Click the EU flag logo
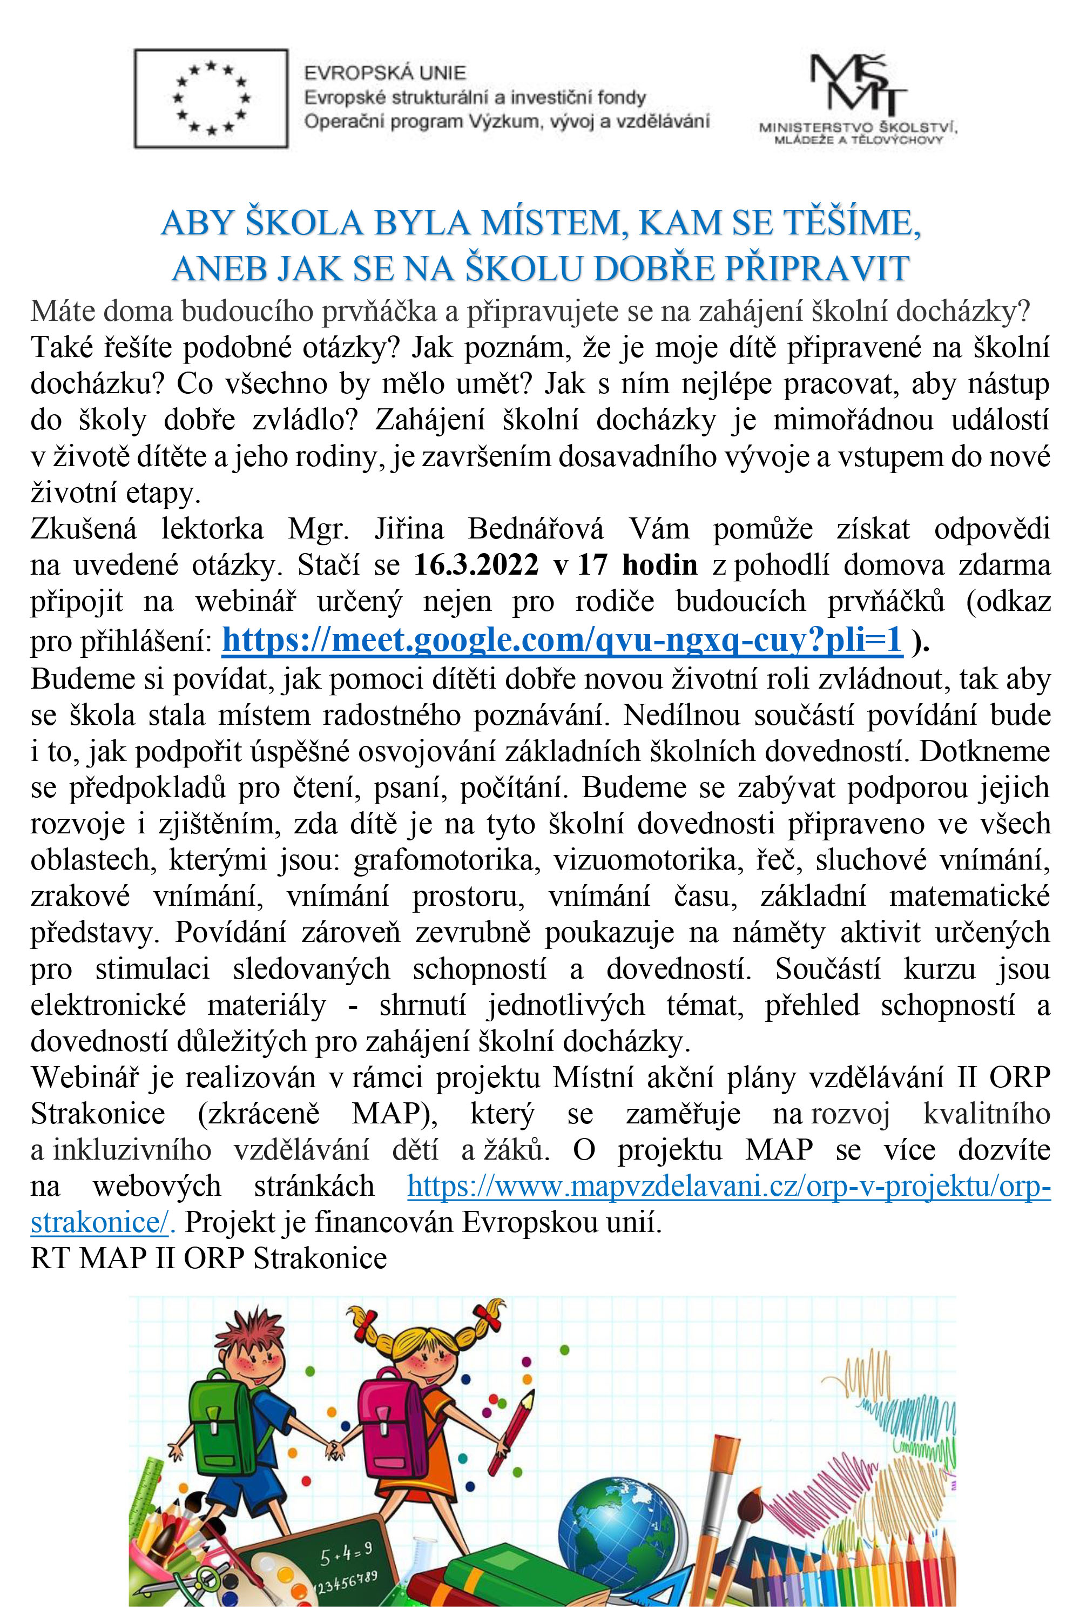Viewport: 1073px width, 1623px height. click(x=211, y=98)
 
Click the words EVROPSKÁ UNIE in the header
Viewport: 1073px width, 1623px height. click(x=384, y=72)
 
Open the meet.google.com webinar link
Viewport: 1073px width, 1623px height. click(x=562, y=640)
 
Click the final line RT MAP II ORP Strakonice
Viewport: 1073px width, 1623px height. click(x=209, y=1257)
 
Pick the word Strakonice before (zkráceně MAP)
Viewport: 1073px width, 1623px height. click(x=98, y=1114)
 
